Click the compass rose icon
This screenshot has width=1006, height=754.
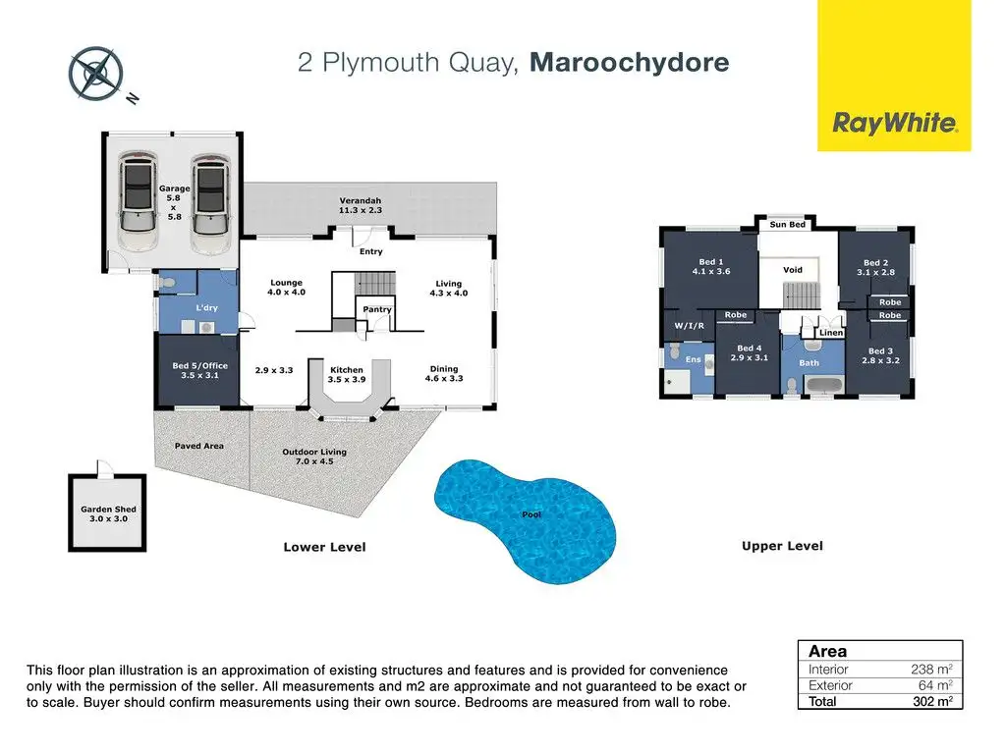click(95, 74)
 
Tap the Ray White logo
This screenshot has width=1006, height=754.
click(894, 76)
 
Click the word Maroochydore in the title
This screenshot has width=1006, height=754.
click(630, 62)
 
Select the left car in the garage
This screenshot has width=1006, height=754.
click(139, 201)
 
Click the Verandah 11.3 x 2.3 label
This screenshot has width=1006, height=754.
click(361, 205)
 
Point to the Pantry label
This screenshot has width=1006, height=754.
click(377, 309)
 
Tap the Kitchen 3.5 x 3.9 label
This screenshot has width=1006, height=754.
click(347, 374)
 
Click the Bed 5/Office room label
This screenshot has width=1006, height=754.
click(199, 370)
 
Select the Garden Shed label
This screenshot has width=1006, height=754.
click(108, 513)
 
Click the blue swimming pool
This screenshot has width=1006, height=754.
click(526, 520)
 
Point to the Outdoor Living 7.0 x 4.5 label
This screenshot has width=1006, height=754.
click(314, 457)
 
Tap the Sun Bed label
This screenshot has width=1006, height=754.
click(787, 225)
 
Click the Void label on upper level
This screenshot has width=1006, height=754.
click(793, 270)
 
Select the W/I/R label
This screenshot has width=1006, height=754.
click(689, 326)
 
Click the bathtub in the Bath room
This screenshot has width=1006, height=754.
click(823, 386)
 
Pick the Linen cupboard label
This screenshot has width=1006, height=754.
click(831, 333)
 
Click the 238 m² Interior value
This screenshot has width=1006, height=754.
click(931, 670)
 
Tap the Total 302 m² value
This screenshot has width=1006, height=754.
click(933, 701)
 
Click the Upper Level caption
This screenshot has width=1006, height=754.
click(782, 546)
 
